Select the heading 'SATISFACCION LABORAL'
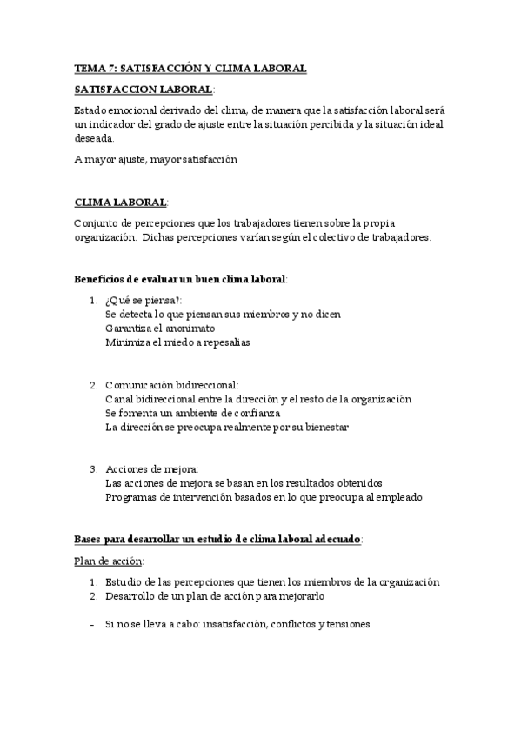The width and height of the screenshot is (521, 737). [143, 90]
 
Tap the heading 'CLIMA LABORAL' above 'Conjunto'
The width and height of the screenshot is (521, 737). [121, 203]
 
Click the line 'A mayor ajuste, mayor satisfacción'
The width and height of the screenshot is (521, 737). [156, 160]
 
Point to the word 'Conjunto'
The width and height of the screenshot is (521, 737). [97, 223]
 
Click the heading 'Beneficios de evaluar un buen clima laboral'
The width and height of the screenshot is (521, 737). [180, 279]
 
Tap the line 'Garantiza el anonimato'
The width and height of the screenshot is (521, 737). [160, 329]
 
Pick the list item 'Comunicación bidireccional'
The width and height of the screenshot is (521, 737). [171, 385]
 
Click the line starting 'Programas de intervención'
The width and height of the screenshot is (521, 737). [263, 498]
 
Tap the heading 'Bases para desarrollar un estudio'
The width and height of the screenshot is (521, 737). [217, 540]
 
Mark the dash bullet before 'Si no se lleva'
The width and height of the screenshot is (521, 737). [91, 624]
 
